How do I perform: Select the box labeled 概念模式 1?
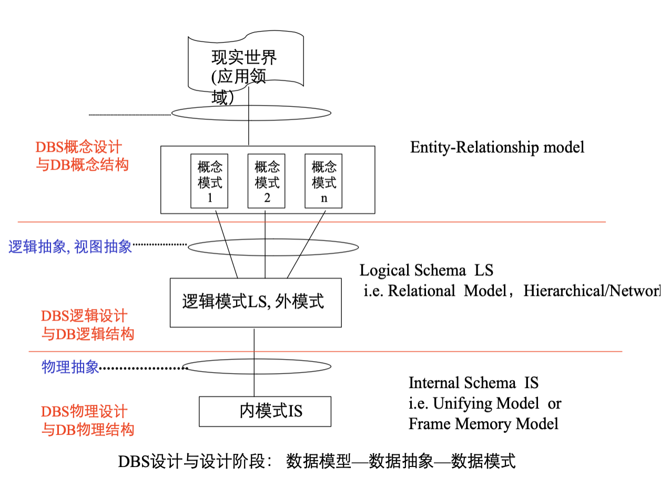click(209, 182)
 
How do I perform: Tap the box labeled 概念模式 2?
click(267, 182)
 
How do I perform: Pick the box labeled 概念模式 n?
click(323, 182)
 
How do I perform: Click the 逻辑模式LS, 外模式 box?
click(256, 302)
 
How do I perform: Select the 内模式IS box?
click(265, 411)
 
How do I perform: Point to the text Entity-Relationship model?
click(497, 147)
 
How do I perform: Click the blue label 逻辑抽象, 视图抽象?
click(70, 246)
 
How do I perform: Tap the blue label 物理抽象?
click(70, 367)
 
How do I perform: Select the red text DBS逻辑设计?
click(84, 316)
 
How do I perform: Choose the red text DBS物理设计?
click(84, 411)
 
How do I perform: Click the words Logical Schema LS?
click(427, 271)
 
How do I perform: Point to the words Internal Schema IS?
click(473, 383)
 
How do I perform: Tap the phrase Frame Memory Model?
click(483, 424)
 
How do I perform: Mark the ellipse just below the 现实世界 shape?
click(251, 113)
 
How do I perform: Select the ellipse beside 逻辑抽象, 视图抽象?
click(273, 246)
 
